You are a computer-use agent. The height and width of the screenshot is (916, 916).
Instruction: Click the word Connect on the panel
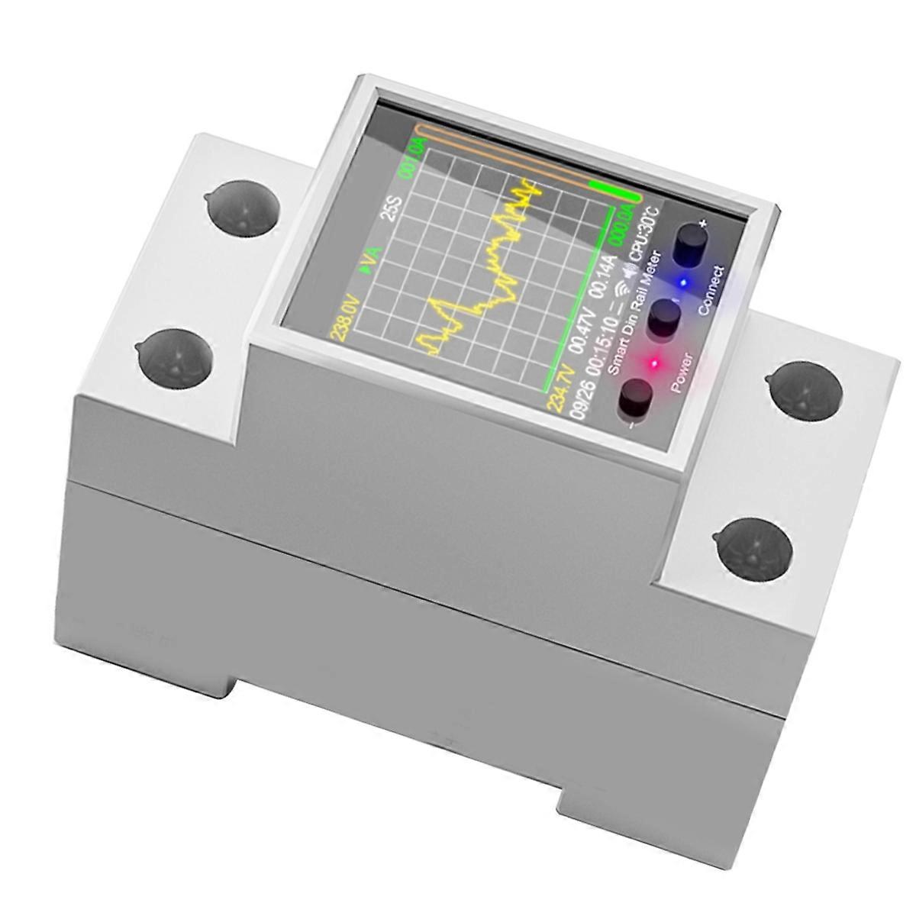point(711,291)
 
